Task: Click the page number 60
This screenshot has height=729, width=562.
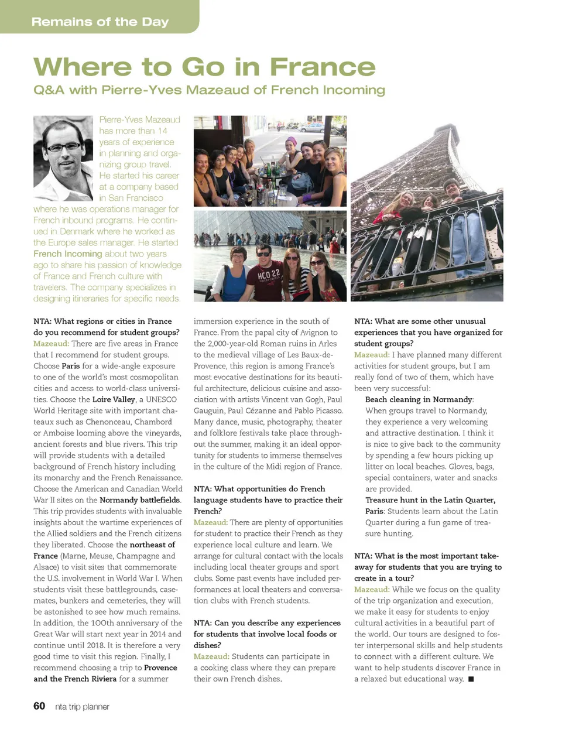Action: click(39, 706)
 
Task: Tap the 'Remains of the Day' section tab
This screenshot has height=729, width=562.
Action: click(100, 22)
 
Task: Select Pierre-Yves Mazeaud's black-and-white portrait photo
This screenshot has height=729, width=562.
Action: click(63, 158)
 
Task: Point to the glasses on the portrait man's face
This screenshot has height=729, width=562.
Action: click(64, 146)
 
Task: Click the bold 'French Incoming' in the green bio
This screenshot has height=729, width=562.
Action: click(67, 254)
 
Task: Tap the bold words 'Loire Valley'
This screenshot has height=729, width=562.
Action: click(114, 399)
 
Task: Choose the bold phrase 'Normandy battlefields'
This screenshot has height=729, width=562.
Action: click(140, 500)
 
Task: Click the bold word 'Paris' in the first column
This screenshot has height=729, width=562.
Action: click(70, 366)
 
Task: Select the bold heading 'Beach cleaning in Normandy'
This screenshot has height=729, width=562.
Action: click(419, 399)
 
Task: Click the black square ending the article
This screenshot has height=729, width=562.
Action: click(471, 679)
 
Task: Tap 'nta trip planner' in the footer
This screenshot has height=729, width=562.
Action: click(82, 707)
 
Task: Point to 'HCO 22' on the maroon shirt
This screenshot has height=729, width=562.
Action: click(269, 273)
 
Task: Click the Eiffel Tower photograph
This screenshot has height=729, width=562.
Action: click(426, 208)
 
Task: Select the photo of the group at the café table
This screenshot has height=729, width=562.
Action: click(270, 161)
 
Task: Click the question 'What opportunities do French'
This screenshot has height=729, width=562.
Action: click(259, 489)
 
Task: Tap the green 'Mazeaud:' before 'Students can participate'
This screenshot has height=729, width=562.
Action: click(211, 656)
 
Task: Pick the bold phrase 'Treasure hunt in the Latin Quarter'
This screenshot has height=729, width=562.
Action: click(430, 500)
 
